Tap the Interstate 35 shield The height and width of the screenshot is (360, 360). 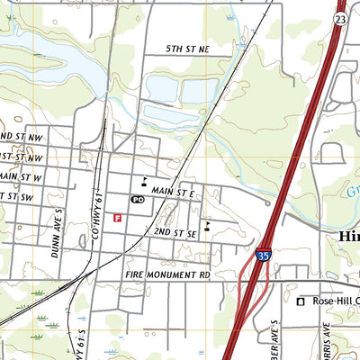(262, 256)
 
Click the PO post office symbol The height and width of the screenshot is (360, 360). (138, 199)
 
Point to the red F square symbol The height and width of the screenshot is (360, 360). (118, 217)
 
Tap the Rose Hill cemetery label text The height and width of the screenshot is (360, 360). (334, 301)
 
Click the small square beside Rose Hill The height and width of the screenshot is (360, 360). (301, 301)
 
